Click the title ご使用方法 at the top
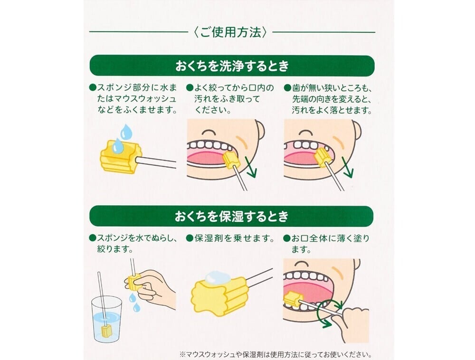coord(230,32)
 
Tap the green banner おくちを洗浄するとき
coord(232,66)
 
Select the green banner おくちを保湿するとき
coord(231,216)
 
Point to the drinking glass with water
coord(106,319)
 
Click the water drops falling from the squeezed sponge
coord(134,302)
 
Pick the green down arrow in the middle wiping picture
coord(251,167)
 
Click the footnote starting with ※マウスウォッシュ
coord(275,354)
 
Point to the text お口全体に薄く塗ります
coord(327,244)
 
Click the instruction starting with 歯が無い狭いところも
coord(328,99)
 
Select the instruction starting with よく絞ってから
coord(230,99)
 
